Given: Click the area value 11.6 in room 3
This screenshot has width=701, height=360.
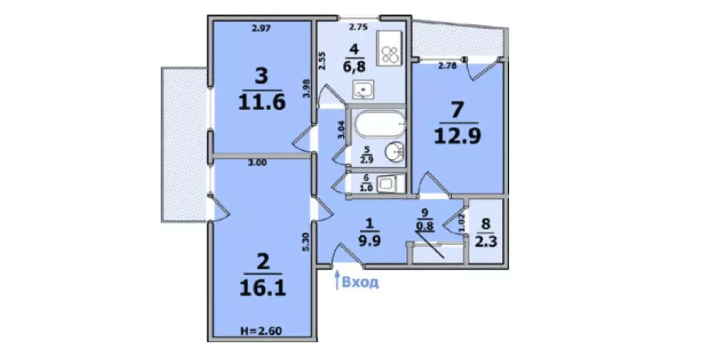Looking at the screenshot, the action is click(x=262, y=102).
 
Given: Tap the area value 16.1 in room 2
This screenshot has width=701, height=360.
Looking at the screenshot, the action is click(x=262, y=288).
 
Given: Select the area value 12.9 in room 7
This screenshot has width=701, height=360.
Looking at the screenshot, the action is click(x=457, y=136).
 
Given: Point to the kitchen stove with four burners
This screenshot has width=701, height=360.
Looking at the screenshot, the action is click(x=389, y=48).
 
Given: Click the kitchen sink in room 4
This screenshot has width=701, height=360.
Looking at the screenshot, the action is click(x=363, y=89).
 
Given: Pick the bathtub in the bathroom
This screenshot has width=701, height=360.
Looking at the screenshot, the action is click(x=380, y=124).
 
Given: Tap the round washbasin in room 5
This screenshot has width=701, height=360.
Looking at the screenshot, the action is click(x=394, y=151).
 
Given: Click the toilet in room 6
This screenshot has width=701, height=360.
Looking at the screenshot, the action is click(x=389, y=184).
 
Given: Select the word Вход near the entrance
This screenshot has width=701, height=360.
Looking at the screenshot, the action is click(x=360, y=282).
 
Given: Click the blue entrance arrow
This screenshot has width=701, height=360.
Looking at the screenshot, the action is click(x=337, y=280).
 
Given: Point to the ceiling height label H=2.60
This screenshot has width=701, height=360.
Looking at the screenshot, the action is click(x=261, y=331).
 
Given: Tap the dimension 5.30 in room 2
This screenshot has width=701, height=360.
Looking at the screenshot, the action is click(x=306, y=242).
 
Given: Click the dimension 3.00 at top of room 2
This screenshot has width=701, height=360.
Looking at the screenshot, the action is click(x=257, y=163).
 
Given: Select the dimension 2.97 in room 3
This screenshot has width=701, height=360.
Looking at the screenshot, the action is click(x=261, y=29).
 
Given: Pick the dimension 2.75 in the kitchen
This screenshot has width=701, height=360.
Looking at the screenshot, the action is click(x=358, y=27).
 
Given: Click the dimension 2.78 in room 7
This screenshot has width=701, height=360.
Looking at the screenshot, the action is click(x=447, y=66).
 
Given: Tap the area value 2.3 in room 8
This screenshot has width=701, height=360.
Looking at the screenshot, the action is click(x=486, y=242).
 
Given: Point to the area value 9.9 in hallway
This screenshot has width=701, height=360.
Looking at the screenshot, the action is click(x=369, y=241).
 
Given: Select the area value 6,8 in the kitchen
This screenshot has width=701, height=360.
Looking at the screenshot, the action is click(x=354, y=67).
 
